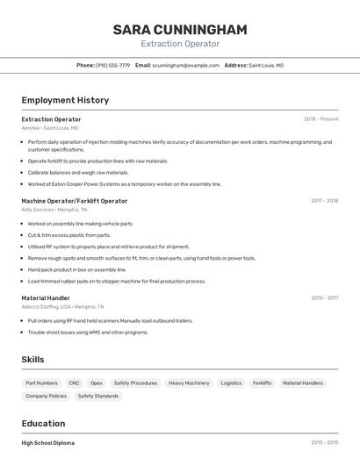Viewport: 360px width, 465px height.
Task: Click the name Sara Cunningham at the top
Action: coord(180,29)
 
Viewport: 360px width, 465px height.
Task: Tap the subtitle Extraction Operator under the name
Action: coord(180,44)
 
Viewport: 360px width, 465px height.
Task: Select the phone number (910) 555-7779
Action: coord(112,65)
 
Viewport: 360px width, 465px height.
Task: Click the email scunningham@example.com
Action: coord(185,65)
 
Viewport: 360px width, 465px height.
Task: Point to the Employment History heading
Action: coord(65,100)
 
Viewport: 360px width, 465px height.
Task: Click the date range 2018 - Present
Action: coord(320,119)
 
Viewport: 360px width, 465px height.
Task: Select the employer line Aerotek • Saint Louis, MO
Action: coord(50,128)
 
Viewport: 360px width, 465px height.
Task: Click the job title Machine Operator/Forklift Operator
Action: coord(75,201)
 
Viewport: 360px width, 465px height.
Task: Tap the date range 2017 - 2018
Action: coord(324,201)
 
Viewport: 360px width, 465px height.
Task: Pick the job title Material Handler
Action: coord(46,298)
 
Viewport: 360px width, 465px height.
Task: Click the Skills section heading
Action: coord(32,360)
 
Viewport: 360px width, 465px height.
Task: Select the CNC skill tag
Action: coord(74,383)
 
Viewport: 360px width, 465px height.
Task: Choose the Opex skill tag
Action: coord(97,383)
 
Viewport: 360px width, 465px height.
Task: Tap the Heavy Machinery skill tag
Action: coord(189,383)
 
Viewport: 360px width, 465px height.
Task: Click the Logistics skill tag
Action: coord(231,383)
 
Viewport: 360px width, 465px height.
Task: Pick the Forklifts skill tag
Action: coord(262,383)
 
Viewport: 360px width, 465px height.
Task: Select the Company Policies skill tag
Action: coord(46,396)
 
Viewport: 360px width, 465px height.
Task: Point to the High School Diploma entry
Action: coord(48,443)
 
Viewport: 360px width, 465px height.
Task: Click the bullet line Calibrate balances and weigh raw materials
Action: coord(78,173)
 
